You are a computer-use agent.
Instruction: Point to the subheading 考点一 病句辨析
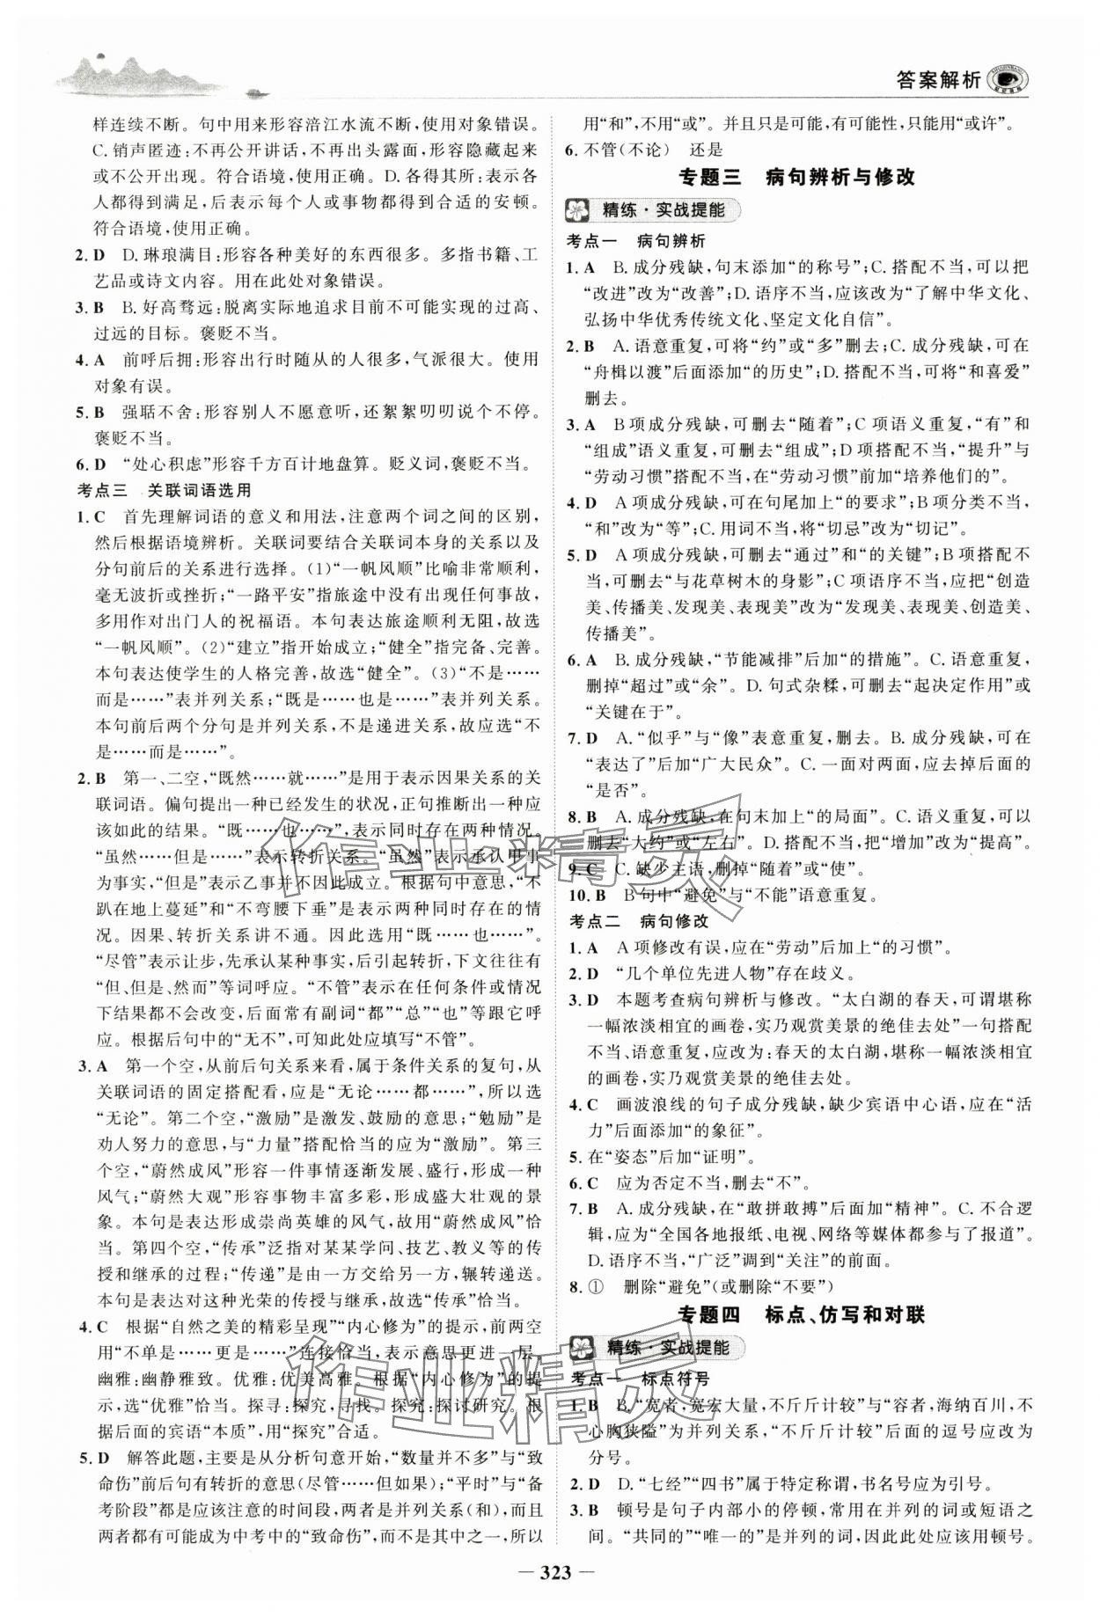coord(634,239)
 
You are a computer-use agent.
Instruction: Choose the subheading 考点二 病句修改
coord(634,921)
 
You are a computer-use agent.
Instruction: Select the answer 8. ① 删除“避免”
coord(695,1287)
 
